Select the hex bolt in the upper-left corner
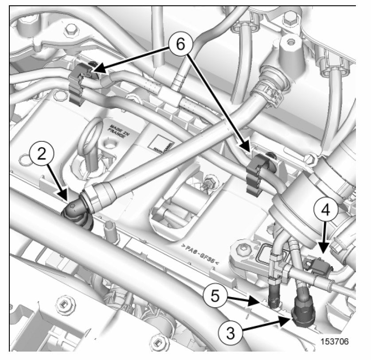point(70,30)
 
